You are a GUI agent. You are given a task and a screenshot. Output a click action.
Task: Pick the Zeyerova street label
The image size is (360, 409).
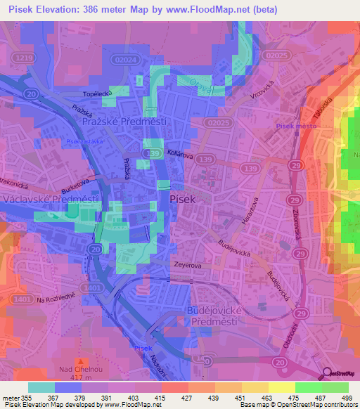(188, 266)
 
